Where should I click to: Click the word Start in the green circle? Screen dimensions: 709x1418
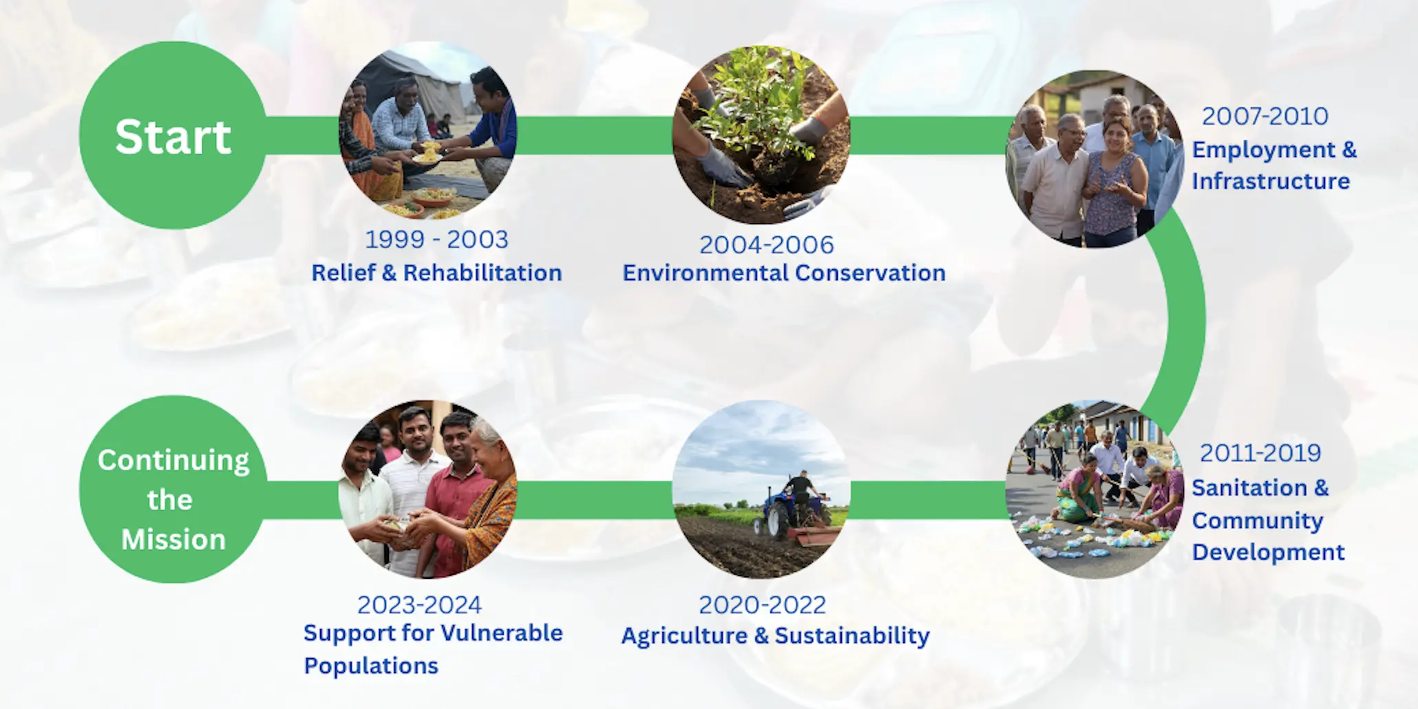click(173, 136)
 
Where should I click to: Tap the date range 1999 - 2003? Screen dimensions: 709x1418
click(436, 240)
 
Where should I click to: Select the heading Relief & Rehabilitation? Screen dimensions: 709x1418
click(436, 273)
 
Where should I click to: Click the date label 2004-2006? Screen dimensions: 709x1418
click(766, 244)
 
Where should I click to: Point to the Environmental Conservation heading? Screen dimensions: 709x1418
click(783, 273)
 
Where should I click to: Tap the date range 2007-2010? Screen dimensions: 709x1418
click(1264, 116)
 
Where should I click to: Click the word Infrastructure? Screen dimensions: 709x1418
click(1270, 181)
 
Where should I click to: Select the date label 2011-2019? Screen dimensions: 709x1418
click(1260, 453)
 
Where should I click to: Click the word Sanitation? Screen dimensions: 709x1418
click(1249, 487)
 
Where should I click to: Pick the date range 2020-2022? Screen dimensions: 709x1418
click(762, 605)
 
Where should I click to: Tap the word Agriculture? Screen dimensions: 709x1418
click(684, 635)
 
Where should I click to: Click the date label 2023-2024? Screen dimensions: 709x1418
click(419, 605)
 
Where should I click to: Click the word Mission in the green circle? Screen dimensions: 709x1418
click(173, 540)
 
